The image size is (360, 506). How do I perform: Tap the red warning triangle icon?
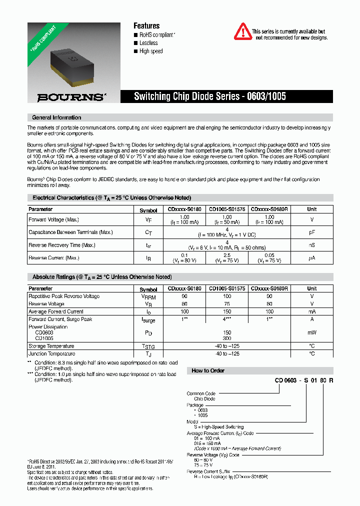[243, 31]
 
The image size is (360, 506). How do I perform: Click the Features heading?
[146, 25]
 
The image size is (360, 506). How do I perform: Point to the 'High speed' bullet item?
[150, 51]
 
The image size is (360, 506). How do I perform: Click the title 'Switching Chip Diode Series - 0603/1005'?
[210, 96]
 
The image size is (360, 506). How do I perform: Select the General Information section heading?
[56, 117]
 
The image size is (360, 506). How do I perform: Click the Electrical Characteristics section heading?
[111, 197]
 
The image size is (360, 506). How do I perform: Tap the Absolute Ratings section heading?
[102, 276]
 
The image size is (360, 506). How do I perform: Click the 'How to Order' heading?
[208, 370]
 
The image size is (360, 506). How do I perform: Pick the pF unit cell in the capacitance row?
[311, 232]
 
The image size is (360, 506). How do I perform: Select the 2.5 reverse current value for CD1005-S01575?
[227, 255]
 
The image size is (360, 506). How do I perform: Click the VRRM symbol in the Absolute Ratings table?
[148, 296]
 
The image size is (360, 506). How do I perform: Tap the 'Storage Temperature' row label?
[51, 346]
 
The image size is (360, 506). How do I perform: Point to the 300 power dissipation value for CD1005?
[227, 338]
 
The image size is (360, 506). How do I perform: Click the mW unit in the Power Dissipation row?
[311, 332]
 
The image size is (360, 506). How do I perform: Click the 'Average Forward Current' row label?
[55, 311]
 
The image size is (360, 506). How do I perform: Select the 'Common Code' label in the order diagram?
[201, 393]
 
